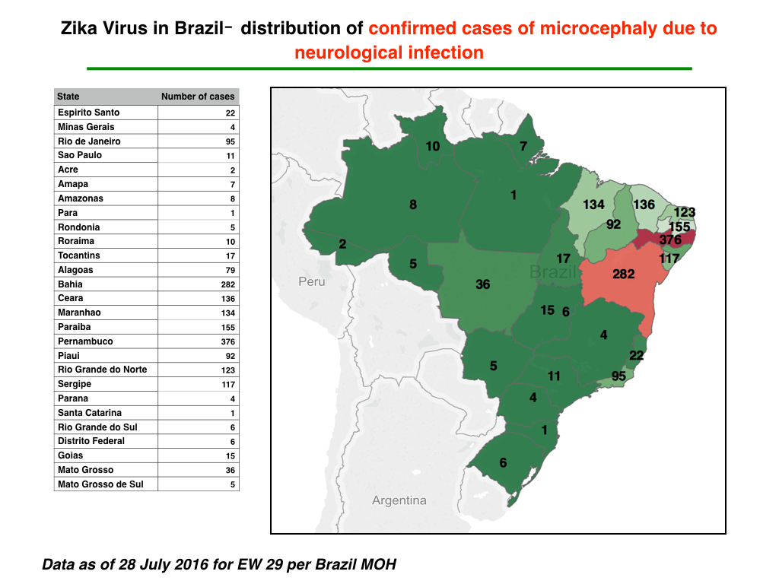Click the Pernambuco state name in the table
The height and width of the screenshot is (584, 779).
(85, 341)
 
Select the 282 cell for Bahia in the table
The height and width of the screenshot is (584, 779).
(228, 284)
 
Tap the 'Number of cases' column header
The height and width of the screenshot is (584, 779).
(198, 97)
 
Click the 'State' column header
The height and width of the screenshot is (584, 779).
(68, 97)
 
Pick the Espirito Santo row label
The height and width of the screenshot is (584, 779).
(88, 113)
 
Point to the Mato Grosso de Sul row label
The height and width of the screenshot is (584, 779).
(100, 484)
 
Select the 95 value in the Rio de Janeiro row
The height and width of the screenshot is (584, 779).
(230, 141)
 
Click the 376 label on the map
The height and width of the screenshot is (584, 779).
(670, 240)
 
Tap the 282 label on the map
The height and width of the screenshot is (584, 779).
(624, 274)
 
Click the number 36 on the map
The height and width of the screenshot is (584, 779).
(483, 284)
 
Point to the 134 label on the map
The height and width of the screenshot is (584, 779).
(593, 204)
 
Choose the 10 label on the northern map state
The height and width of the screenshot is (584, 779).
(433, 146)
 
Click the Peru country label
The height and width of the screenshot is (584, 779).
(311, 281)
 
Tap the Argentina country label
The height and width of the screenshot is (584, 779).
(399, 500)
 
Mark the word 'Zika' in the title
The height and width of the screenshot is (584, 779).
(79, 28)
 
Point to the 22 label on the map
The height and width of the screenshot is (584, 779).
(637, 355)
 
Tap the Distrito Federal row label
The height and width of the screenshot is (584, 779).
(91, 441)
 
